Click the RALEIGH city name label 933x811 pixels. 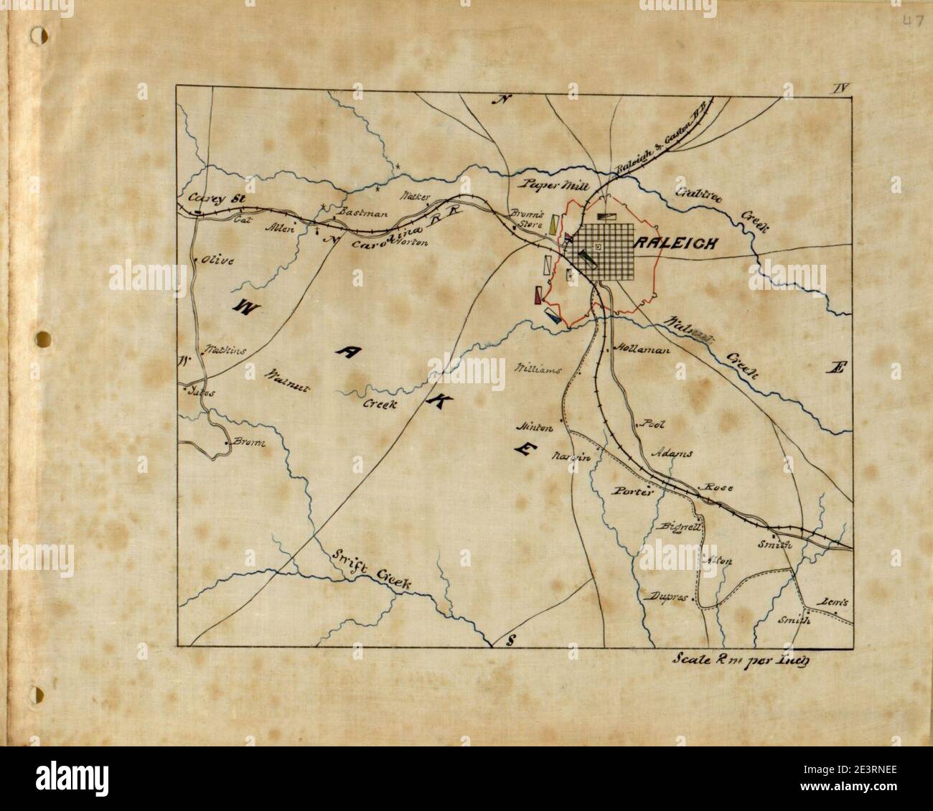click(675, 243)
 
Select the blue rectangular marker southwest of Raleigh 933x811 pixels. click(553, 316)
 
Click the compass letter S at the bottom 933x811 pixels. click(510, 640)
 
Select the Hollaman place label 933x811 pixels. click(642, 350)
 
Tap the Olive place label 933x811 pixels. click(218, 260)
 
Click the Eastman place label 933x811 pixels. click(362, 212)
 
